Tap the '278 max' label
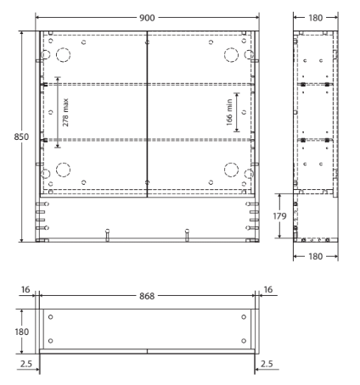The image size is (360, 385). [x=66, y=111]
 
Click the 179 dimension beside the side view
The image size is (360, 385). [x=287, y=218]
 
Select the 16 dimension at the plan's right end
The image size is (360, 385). [x=268, y=290]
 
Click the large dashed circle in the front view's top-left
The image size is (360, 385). [x=64, y=54]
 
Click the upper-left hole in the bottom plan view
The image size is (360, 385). [x=51, y=318]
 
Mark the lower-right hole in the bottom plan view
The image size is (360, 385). [x=244, y=341]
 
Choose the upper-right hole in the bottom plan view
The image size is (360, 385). [x=244, y=318]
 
